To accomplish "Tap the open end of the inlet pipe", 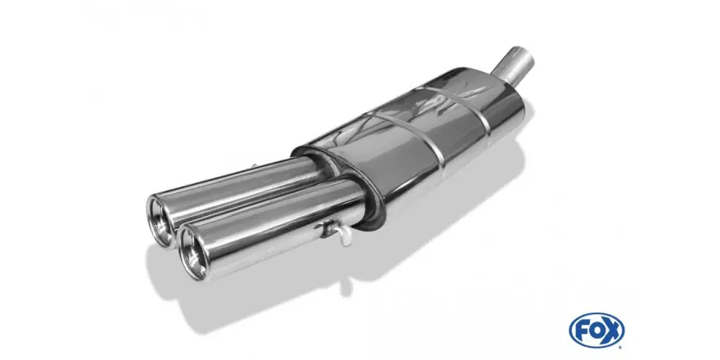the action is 523,53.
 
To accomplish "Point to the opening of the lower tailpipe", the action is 193,254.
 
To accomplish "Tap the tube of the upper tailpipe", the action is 239,193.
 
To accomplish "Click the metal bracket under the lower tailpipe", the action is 329,228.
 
